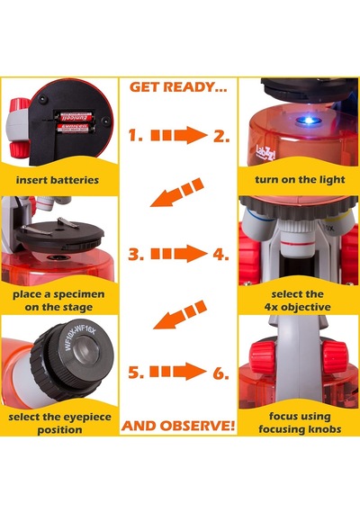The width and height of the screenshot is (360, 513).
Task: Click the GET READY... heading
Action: coord(178,87)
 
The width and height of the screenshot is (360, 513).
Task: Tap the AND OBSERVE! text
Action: coord(178,426)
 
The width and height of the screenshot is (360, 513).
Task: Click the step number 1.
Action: coord(135,135)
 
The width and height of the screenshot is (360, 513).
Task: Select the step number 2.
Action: coord(221,136)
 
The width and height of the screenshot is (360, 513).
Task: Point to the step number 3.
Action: coord(136,254)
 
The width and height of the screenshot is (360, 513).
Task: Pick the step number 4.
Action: coord(220,254)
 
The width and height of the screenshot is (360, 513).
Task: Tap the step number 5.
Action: coord(136,373)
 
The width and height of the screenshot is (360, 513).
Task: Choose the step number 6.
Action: coord(220,373)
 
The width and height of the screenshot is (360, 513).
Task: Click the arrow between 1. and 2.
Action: coord(179,135)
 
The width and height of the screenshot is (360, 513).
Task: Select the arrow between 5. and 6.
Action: coord(178,372)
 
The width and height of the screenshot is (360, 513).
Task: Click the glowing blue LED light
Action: coord(309,121)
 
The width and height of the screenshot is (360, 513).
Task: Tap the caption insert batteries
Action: coord(58,180)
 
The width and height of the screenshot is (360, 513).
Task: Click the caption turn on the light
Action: coord(300,180)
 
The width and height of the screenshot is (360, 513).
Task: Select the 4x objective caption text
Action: coord(298,307)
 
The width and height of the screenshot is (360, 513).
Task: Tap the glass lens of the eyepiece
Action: coord(85,354)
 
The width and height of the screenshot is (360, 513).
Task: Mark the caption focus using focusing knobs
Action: coord(300,423)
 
